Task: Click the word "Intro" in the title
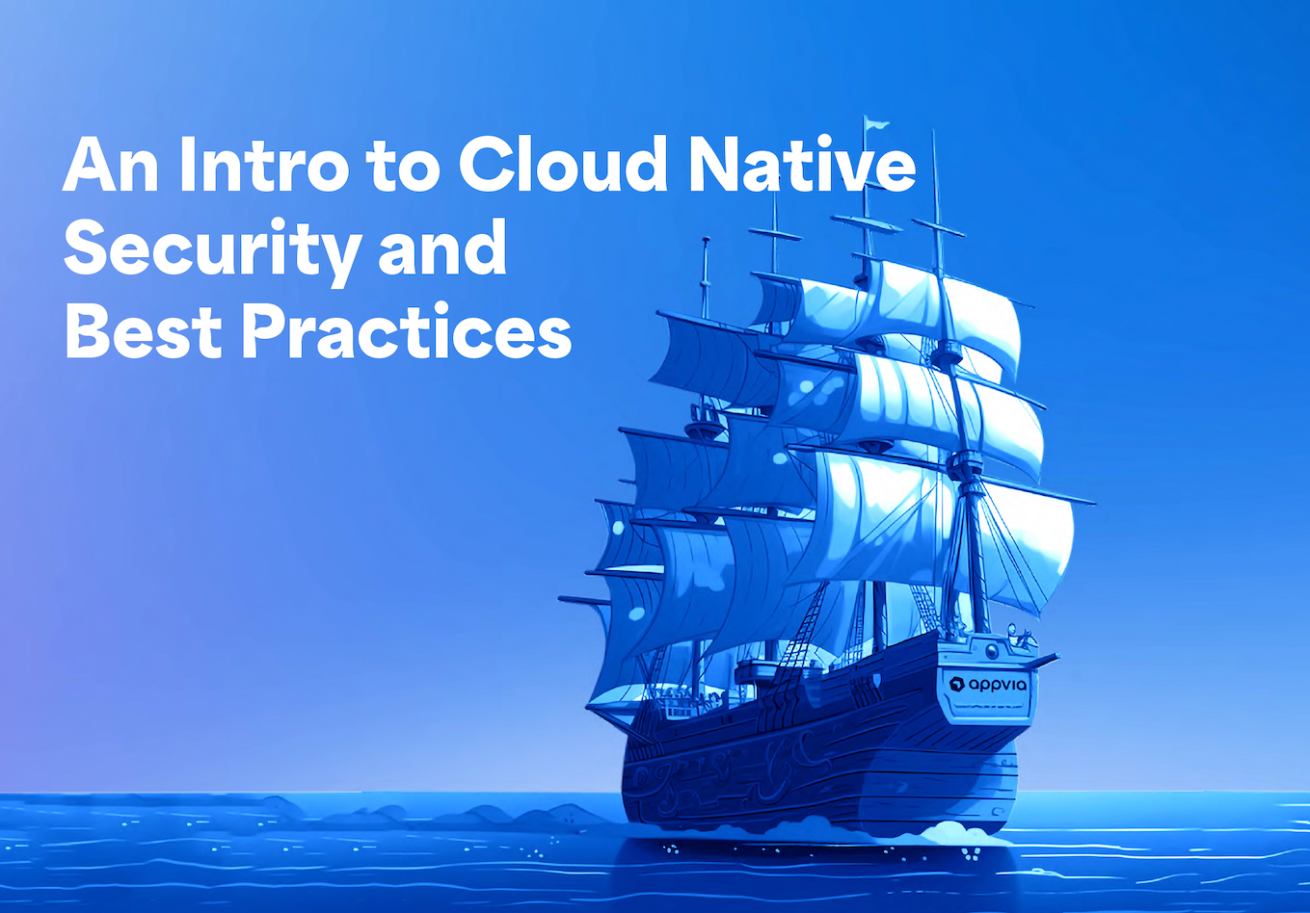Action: pos(262,165)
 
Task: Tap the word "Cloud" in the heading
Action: pos(563,165)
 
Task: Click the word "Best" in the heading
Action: pos(140,332)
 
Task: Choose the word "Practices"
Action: pos(406,332)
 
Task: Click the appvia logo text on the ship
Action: pos(999,685)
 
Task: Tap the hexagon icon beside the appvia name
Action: pos(957,684)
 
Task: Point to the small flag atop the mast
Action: pos(876,123)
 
